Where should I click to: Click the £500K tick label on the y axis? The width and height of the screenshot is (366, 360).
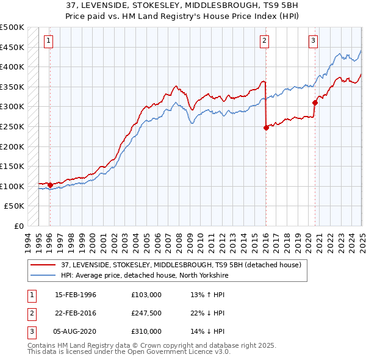[12, 27]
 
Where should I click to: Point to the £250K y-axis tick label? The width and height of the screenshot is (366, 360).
[12, 126]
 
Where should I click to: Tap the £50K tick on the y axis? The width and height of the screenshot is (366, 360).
[15, 206]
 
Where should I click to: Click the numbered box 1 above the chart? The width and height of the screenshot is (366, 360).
[48, 41]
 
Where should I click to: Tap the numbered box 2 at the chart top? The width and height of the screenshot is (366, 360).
[264, 41]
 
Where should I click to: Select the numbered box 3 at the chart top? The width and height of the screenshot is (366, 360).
[313, 41]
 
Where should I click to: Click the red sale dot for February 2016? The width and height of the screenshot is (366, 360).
[266, 128]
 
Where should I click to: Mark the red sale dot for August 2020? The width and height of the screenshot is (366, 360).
[315, 103]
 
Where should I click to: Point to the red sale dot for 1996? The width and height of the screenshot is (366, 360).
[50, 185]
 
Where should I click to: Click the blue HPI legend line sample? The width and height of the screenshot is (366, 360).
[42, 276]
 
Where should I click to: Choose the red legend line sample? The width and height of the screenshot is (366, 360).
[42, 265]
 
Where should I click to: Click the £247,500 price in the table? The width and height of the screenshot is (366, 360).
[146, 313]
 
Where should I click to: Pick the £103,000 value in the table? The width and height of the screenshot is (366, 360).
[146, 295]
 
